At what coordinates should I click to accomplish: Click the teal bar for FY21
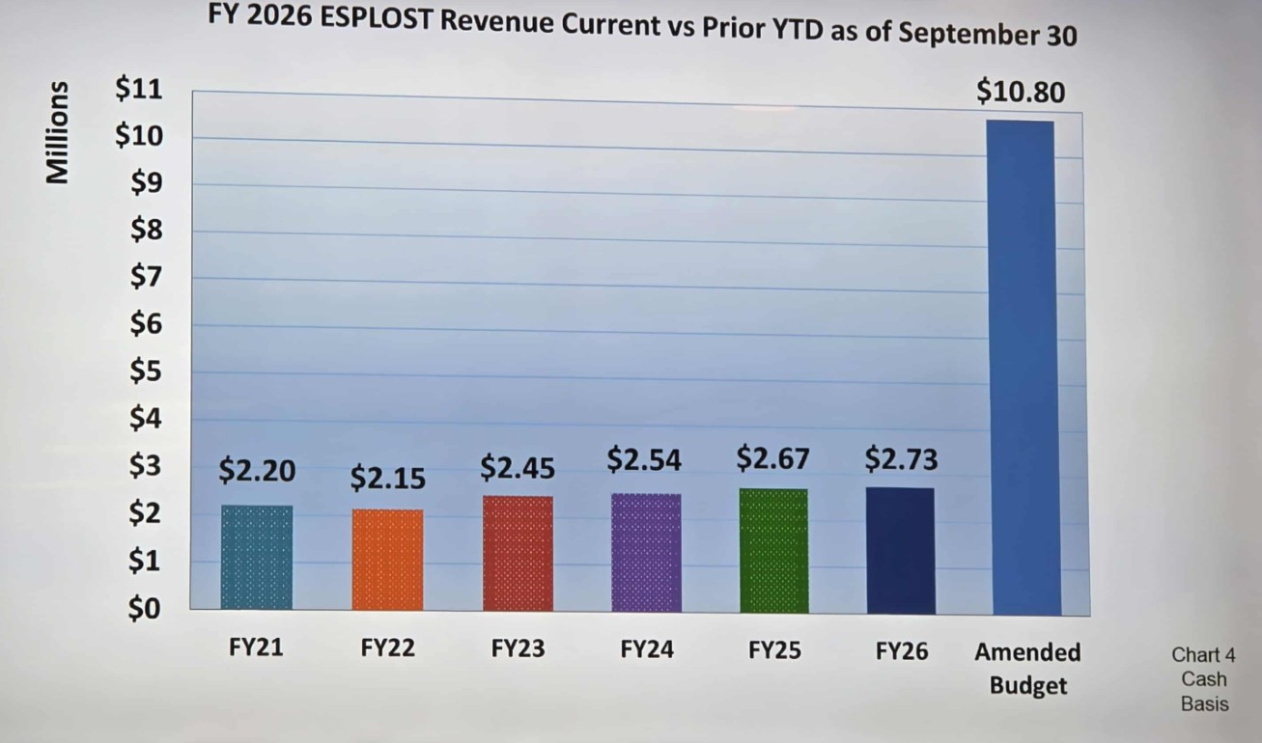pos(256,558)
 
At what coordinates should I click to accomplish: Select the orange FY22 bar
pos(387,560)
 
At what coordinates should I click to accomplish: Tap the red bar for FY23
pos(518,554)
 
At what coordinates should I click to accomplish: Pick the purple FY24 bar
pos(646,553)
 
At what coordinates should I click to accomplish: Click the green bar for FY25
pos(773,551)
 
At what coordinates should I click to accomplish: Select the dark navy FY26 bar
pos(900,550)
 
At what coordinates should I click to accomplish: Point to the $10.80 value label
pos(1021,92)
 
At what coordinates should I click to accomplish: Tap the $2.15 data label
pos(387,478)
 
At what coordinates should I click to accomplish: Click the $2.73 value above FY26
pos(901,459)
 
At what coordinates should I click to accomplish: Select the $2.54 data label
pos(644,460)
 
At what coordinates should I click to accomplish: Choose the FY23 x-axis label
pos(518,648)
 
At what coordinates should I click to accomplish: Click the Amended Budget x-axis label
pos(1027,668)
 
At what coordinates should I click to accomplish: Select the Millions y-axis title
pos(59,132)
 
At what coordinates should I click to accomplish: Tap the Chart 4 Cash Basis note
pos(1204,678)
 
